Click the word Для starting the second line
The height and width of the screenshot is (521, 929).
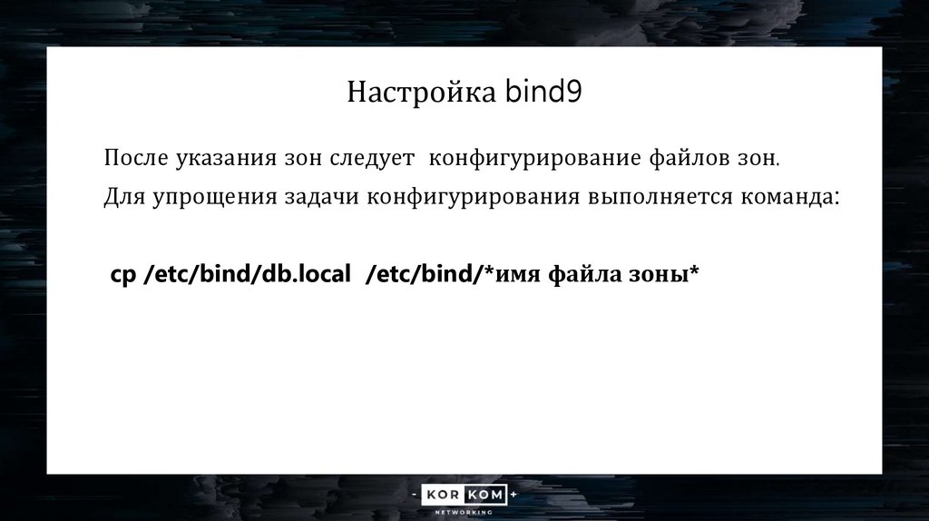click(x=120, y=198)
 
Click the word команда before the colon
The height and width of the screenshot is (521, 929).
click(x=787, y=198)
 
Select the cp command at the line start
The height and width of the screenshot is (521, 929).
click(x=122, y=276)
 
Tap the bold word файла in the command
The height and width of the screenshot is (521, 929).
click(x=580, y=276)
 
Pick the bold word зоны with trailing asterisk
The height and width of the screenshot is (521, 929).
click(x=660, y=276)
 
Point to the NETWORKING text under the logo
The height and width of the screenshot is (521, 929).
click(x=464, y=513)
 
